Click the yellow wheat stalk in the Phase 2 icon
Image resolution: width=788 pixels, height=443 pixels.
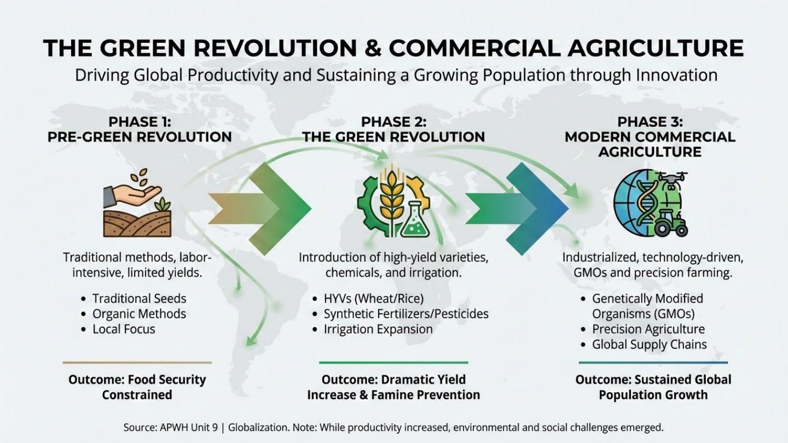(391, 195)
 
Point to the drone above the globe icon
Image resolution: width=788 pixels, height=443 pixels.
(672, 180)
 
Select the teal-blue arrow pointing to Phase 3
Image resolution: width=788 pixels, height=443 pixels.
(517, 209)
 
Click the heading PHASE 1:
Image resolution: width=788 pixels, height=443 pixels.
(140, 122)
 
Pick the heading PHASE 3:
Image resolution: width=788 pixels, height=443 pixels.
(650, 122)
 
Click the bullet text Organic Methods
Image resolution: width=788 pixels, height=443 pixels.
(140, 313)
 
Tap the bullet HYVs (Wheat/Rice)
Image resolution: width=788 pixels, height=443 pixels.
(374, 299)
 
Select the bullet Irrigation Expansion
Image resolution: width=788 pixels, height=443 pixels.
(378, 329)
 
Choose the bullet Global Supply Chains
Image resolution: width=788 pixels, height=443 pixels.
(650, 345)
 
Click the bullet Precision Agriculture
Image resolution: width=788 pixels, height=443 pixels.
(648, 329)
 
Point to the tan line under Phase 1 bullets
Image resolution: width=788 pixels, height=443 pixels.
(137, 362)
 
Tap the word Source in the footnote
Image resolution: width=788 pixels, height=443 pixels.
(138, 428)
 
